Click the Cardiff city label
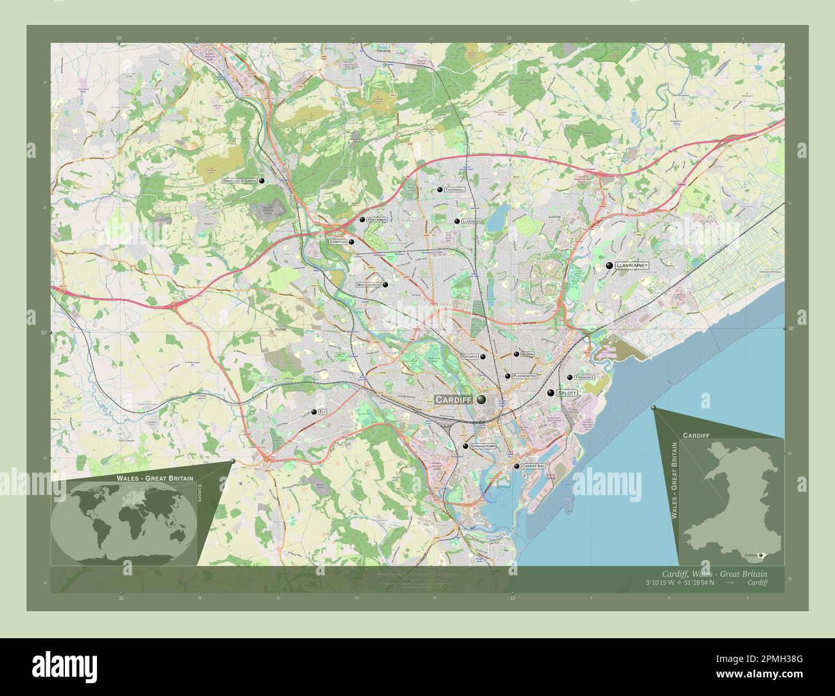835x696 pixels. tap(453, 399)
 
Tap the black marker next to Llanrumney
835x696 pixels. tap(609, 265)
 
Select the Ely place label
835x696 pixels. tap(322, 412)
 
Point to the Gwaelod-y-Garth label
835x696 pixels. tap(239, 181)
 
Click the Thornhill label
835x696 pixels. tap(454, 190)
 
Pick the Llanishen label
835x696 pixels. tap(471, 221)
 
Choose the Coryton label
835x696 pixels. tap(337, 242)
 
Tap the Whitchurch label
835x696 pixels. tap(369, 284)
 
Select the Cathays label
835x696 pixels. tap(470, 356)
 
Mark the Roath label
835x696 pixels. tap(527, 354)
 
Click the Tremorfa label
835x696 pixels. tap(585, 378)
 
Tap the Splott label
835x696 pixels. tap(567, 392)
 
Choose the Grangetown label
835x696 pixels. tap(483, 446)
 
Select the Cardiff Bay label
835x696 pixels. tap(533, 466)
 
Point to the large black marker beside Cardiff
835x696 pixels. tap(480, 399)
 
